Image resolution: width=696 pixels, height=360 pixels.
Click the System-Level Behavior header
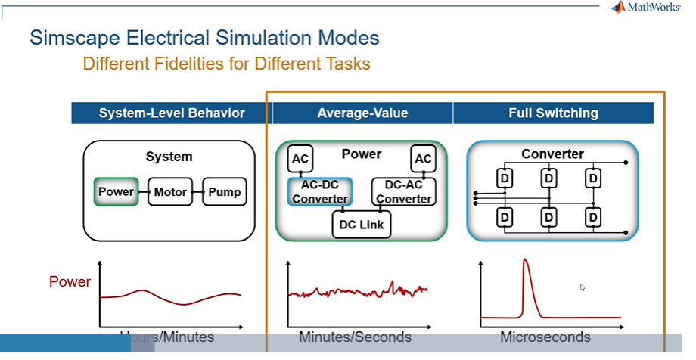tap(172, 113)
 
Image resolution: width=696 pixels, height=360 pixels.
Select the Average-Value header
tap(362, 113)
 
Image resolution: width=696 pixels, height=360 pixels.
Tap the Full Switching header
tap(553, 113)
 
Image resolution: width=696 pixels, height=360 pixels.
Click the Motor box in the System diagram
tap(170, 192)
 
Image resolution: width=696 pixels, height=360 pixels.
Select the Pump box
tap(224, 192)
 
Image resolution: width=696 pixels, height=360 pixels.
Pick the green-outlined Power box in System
tap(116, 192)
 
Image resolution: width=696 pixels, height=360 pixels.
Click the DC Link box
tap(361, 225)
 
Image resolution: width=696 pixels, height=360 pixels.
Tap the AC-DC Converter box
tap(319, 192)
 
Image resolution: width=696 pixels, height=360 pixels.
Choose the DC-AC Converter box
tap(403, 192)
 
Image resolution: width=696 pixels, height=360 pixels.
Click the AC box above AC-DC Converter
tap(300, 159)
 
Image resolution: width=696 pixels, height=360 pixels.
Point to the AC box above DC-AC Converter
tap(423, 159)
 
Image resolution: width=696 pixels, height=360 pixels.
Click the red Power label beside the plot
tap(70, 282)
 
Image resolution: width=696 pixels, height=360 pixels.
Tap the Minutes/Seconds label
tap(355, 337)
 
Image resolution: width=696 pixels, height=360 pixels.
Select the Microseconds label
tap(545, 337)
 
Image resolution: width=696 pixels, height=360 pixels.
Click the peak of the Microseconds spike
tap(524, 262)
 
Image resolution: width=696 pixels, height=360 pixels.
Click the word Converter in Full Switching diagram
tap(552, 154)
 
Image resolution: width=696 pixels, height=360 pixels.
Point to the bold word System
tap(169, 157)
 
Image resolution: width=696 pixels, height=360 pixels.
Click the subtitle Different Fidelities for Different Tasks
tap(227, 64)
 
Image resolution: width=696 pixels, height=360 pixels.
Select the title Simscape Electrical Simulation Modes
tap(204, 37)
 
